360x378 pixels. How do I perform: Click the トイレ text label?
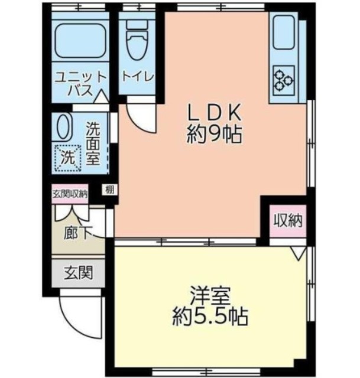pos(138,77)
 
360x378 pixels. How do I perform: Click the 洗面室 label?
pos(93,144)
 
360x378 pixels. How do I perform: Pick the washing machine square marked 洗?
pos(67,158)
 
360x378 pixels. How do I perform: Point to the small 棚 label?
pos(110,190)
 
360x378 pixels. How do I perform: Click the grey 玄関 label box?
pos(77,273)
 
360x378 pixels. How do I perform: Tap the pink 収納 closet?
pos(288,221)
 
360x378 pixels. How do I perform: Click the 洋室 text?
pos(210,294)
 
